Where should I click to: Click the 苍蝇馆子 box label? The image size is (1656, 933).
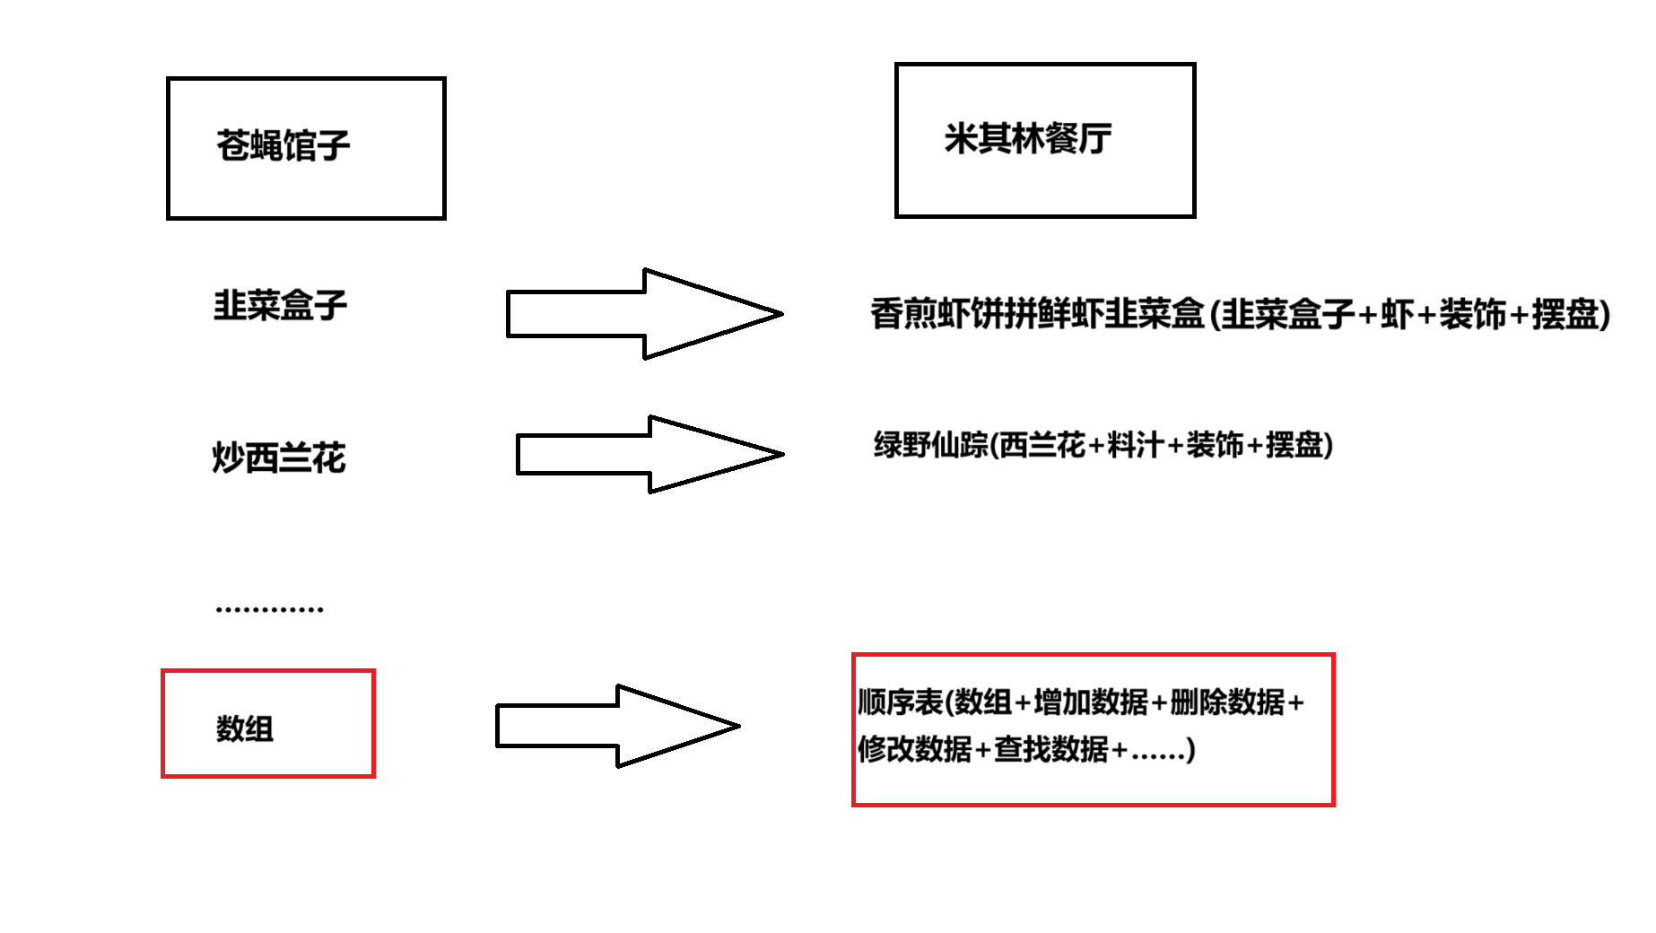283,145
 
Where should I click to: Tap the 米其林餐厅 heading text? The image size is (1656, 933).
1027,139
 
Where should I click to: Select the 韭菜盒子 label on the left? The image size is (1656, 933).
280,306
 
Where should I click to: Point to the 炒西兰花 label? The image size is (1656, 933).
279,458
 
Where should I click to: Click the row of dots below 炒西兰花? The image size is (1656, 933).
269,609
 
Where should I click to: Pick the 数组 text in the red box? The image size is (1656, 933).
244,728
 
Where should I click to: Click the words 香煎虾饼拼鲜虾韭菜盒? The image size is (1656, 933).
1037,314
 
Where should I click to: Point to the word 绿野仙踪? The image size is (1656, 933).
931,445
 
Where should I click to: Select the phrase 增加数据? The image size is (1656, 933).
1090,702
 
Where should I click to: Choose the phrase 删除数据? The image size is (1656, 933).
1226,702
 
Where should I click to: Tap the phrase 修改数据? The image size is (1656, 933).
914,749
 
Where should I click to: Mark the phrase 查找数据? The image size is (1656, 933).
1050,749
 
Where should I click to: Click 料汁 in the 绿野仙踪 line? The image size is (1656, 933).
1135,445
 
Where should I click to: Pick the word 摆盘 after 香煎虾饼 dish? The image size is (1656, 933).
1565,314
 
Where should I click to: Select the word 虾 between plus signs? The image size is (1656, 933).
1397,314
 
